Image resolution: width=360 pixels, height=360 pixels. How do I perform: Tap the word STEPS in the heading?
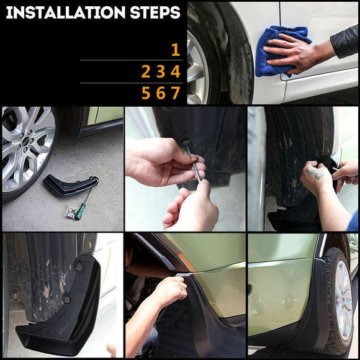click(157, 12)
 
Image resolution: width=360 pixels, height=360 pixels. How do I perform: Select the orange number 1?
click(175, 50)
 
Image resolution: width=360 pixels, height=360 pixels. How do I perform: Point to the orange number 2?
click(146, 72)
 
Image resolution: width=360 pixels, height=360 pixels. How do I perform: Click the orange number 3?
click(161, 72)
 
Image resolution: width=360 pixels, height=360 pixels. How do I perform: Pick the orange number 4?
click(176, 72)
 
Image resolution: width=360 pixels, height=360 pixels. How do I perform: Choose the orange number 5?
click(146, 93)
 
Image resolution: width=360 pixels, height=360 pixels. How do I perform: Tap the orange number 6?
click(161, 93)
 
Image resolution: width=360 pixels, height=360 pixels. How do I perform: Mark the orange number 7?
click(176, 93)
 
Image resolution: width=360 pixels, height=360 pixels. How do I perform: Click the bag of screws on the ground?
click(71, 212)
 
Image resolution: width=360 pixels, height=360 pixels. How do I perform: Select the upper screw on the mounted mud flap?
click(79, 266)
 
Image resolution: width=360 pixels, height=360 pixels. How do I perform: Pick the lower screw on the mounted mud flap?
click(66, 299)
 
